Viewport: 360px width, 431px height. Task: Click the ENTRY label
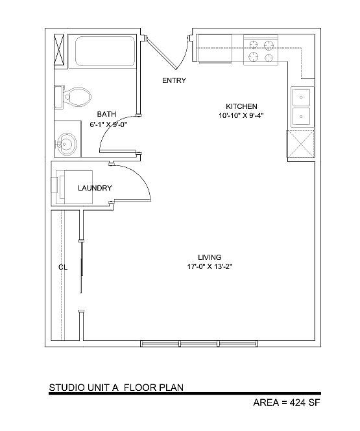(x=174, y=80)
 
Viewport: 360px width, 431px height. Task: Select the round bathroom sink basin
(x=66, y=144)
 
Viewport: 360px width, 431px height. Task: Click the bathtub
(x=105, y=51)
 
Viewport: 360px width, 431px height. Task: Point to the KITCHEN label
(x=241, y=106)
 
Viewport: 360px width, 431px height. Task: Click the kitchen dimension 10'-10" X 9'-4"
(x=241, y=116)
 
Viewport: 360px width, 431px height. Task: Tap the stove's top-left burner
(x=253, y=45)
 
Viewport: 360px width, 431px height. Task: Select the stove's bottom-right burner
(x=269, y=58)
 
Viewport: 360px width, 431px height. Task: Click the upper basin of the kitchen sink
(x=301, y=97)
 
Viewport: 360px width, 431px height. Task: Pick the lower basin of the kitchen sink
(x=301, y=117)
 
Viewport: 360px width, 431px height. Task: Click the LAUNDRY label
(x=95, y=189)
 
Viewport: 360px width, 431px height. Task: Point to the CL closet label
(x=63, y=267)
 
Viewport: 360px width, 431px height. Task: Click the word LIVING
(x=210, y=257)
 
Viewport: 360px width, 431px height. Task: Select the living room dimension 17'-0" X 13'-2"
(x=210, y=266)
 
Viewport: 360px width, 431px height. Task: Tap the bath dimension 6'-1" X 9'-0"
(x=108, y=124)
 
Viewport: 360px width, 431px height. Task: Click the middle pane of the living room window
(x=199, y=344)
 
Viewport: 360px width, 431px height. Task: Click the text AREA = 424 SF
(x=287, y=402)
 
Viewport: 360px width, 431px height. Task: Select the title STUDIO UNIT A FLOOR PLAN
(x=116, y=388)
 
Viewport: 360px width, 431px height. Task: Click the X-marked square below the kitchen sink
(x=300, y=143)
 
